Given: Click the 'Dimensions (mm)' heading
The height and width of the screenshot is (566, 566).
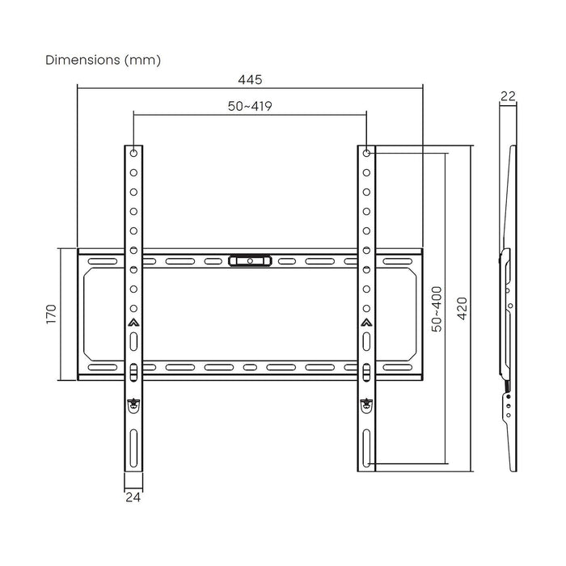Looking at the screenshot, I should pos(103,60).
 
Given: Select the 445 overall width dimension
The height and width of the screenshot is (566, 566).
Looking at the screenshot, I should pos(250,79).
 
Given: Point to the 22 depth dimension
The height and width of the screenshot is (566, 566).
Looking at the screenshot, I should pos(508,95).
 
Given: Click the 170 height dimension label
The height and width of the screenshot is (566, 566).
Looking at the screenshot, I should pos(50,313).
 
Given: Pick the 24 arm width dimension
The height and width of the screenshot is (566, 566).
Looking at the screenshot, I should pos(133,497).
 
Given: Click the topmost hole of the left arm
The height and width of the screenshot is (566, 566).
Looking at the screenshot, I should pos(133,153).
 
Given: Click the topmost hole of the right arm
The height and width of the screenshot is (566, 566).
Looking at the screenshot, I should pos(366,153).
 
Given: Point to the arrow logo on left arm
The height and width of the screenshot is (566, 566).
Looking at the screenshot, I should pos(133,323).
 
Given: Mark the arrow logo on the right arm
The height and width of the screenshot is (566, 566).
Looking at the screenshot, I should pos(366,323).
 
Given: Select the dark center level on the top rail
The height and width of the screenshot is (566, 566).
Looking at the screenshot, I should pos(250,261).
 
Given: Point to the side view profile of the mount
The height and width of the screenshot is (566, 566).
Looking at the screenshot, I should pos(508,307).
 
